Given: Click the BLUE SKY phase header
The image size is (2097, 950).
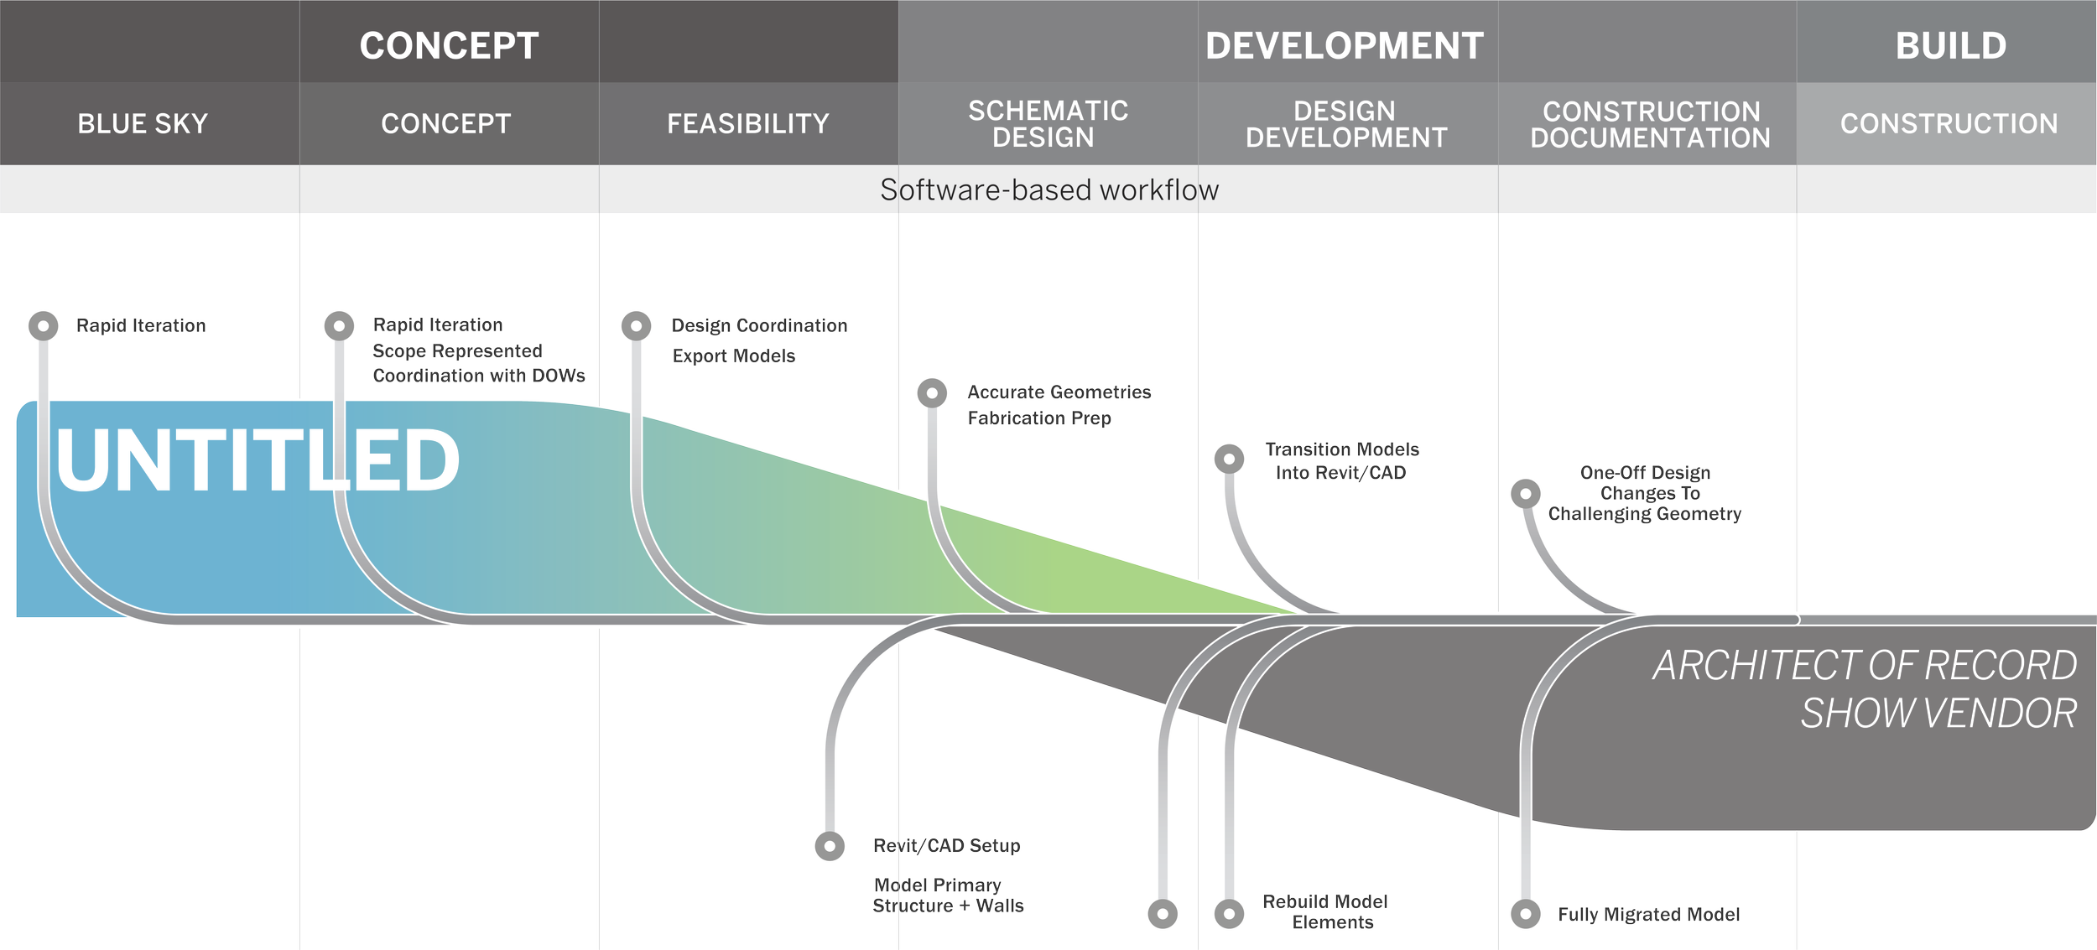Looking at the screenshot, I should coord(143,124).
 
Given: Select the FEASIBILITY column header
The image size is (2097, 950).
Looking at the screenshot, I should coord(747,124).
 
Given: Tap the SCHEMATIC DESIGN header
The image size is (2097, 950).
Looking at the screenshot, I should coord(1047,124).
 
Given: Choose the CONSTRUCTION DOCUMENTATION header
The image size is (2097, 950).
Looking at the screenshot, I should coord(1649,124).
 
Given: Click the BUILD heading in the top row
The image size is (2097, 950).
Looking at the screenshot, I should coord(1950,45).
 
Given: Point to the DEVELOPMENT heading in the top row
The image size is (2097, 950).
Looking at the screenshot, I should coord(1344,45).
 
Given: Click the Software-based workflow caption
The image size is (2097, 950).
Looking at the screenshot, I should coord(1048,190).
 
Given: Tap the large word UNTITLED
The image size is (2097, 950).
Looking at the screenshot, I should coord(258,459).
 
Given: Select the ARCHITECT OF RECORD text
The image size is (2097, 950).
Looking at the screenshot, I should coord(1864,666).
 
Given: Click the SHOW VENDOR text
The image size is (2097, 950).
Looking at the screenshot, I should coord(1938,714).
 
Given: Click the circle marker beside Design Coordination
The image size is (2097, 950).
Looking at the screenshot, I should coord(636,325).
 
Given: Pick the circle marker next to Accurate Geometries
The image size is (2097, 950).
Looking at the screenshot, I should coord(931,392).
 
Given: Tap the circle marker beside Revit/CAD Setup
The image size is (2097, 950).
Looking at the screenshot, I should coord(829,846).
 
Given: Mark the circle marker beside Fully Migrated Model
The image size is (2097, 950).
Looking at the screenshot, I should coord(1525,913).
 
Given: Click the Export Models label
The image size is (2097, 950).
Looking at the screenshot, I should coord(733,356).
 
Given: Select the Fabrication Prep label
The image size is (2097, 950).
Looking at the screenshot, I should coord(1038,418).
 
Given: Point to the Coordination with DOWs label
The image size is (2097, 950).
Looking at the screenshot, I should coord(479,376).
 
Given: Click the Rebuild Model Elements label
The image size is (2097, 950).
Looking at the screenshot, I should coord(1325,911).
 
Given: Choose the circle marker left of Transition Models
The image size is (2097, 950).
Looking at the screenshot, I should coord(1229,459).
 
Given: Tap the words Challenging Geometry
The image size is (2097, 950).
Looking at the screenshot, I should coord(1644,514).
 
